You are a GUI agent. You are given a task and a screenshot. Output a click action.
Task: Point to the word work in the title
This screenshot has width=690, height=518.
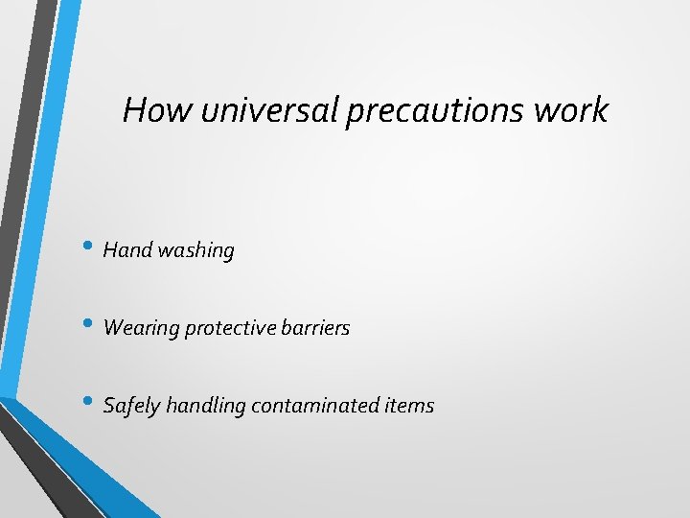pos(571,110)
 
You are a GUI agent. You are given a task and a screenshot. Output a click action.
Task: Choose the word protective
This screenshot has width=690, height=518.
pos(229,328)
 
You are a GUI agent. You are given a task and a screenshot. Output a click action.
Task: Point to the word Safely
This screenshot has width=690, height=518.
pos(131,406)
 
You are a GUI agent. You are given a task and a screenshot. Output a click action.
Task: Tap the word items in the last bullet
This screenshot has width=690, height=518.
pos(409,406)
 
